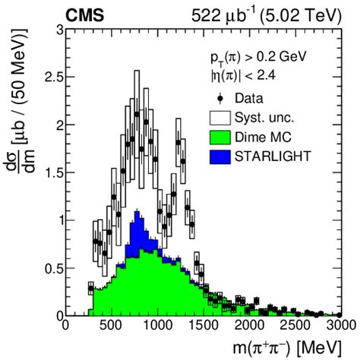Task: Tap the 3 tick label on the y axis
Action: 58,30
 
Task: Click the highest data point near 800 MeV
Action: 137,115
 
